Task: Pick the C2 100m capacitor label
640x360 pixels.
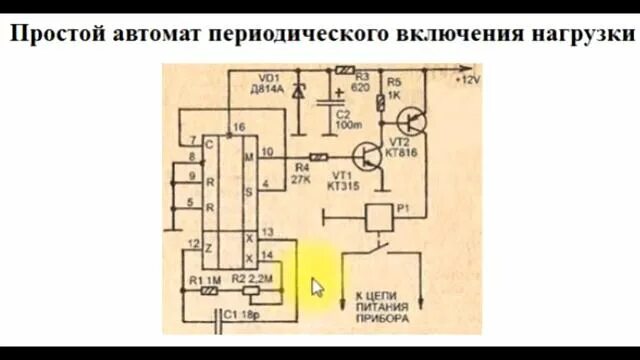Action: (x=348, y=118)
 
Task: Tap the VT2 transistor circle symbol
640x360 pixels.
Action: (x=411, y=122)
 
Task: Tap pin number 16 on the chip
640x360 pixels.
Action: (x=237, y=128)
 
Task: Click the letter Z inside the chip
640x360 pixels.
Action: (x=209, y=244)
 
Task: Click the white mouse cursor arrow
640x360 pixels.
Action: (x=318, y=288)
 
